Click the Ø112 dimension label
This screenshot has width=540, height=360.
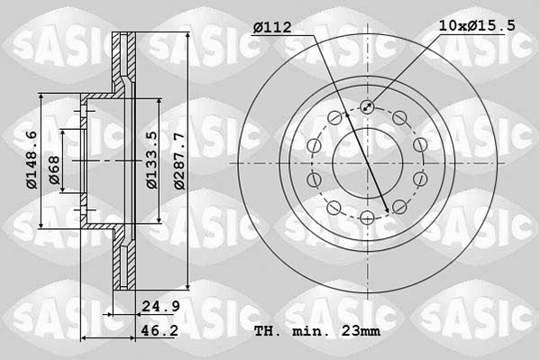point(271,28)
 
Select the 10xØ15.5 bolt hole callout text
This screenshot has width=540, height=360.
point(478,26)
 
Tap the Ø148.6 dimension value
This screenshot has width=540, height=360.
point(32,160)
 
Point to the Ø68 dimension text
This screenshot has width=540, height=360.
point(54,171)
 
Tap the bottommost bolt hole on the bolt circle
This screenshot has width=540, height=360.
point(368,217)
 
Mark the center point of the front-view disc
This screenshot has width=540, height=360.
point(368,162)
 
